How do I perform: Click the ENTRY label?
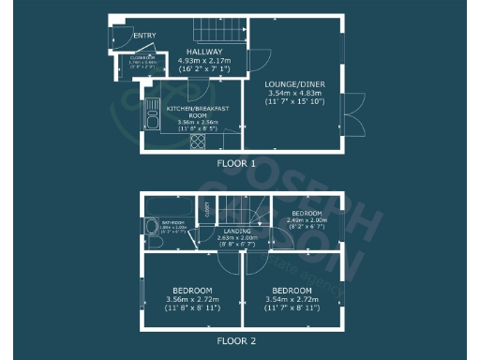click(144, 36)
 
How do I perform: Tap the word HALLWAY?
click(204, 52)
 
